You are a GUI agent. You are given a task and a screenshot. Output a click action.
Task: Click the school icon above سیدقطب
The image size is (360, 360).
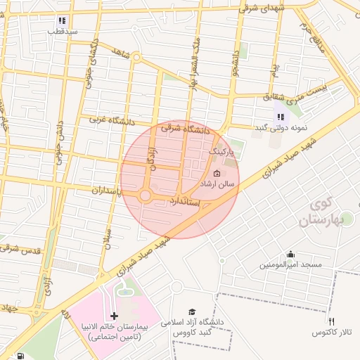tap(62, 20)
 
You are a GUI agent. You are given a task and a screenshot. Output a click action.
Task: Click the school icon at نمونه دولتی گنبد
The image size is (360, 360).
tap(281, 117)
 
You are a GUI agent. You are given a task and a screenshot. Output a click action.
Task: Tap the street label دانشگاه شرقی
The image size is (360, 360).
tap(186, 129)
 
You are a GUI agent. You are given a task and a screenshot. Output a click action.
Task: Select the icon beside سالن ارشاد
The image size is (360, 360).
tap(217, 173)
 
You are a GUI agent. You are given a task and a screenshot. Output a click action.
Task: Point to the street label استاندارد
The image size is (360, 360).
tap(186, 202)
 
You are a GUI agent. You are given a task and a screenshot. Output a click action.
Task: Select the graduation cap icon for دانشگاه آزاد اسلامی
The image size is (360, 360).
tap(192, 311)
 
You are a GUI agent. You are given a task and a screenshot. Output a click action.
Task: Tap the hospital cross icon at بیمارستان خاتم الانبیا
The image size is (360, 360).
tap(115, 316)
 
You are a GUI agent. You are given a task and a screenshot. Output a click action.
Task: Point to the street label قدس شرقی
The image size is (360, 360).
tap(21, 250)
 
